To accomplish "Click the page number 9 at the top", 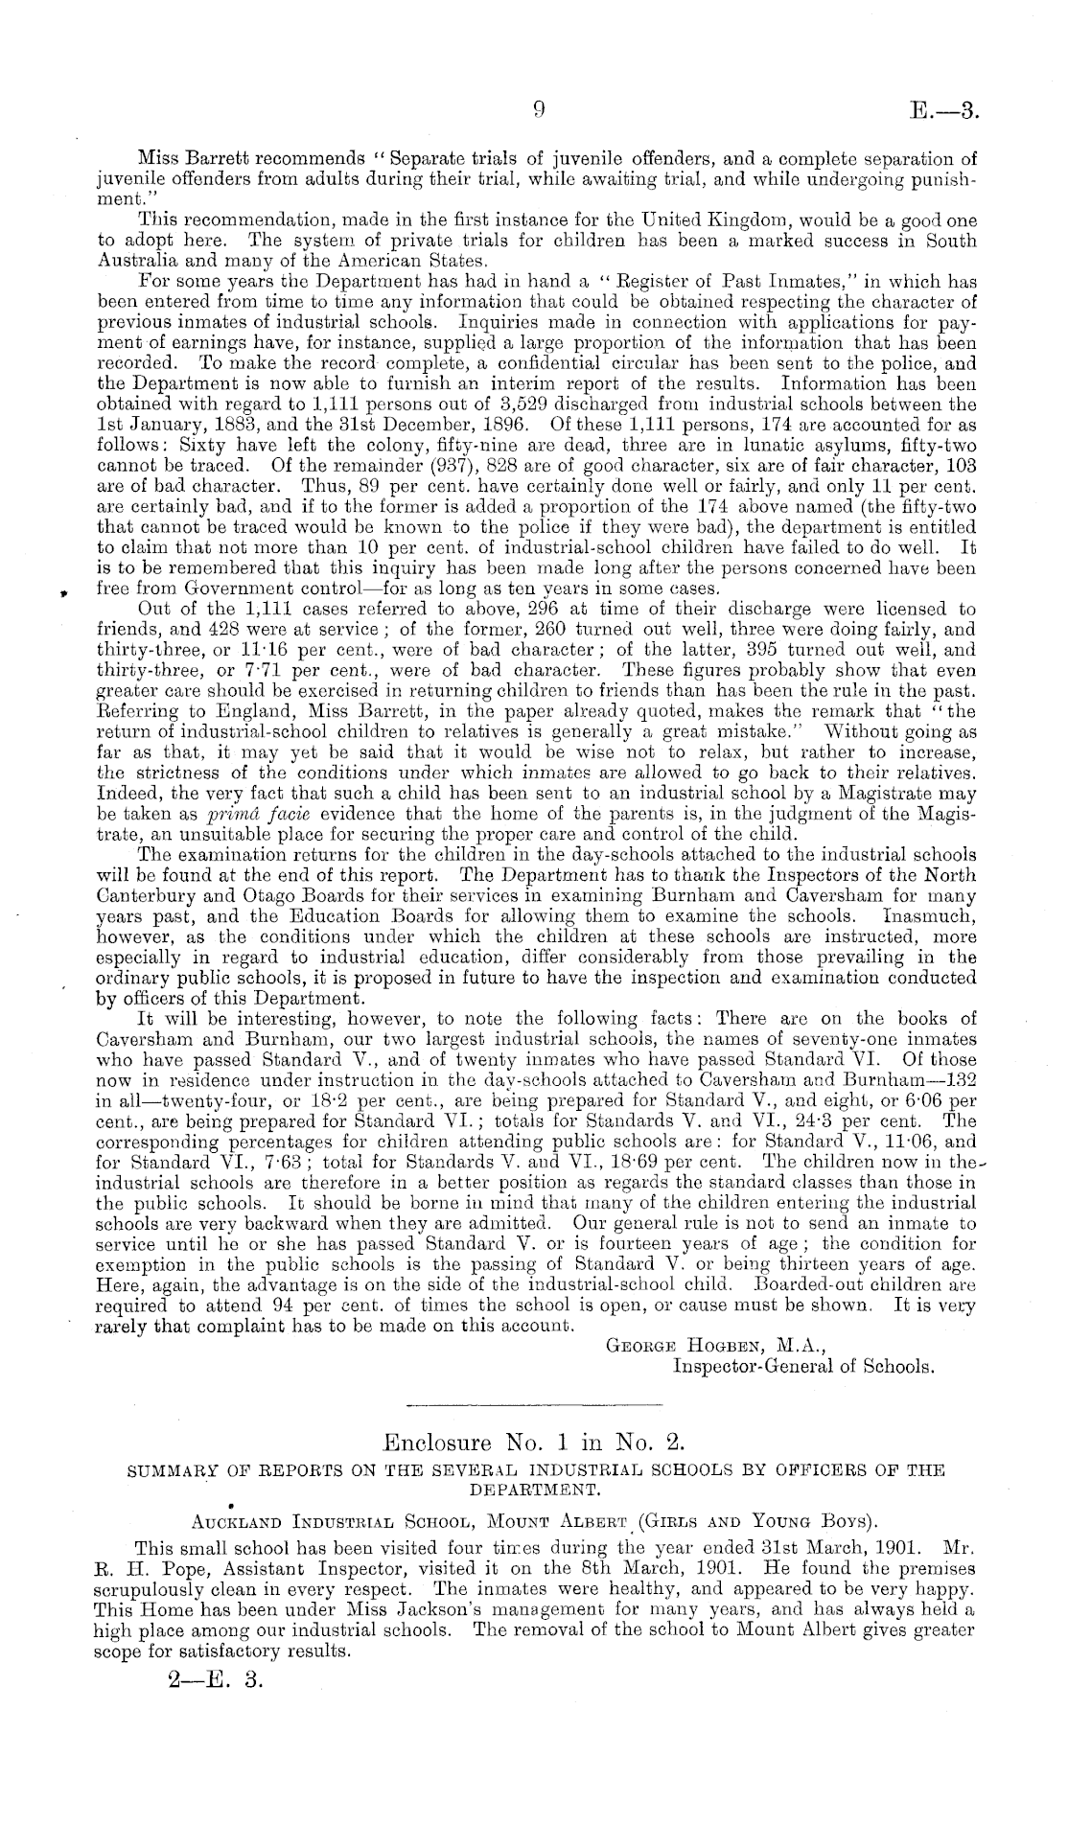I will tap(538, 111).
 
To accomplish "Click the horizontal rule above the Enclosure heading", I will tap(534, 1405).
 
